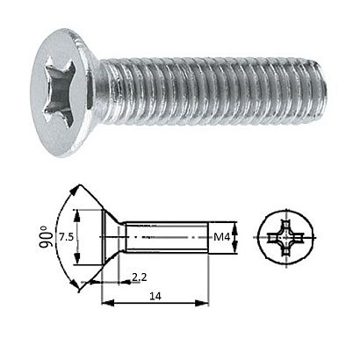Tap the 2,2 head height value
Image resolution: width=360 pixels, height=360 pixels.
pos(139,277)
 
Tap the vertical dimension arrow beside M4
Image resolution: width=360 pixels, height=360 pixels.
pos(235,238)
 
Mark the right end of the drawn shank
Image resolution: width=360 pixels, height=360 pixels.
pos(211,238)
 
